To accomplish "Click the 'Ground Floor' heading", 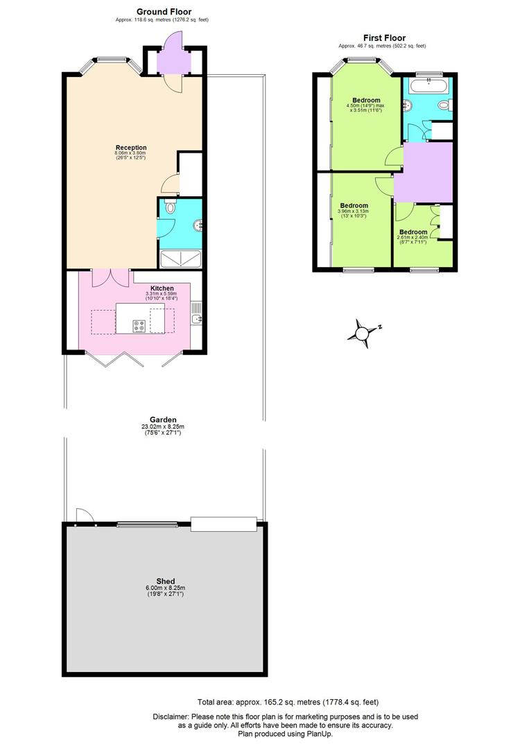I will [164, 12].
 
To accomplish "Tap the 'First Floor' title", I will [384, 38].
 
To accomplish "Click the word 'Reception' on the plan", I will [131, 148].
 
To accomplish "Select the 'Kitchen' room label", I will [161, 288].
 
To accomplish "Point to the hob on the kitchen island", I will [139, 326].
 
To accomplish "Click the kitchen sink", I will [197, 313].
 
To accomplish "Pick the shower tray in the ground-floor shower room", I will [182, 259].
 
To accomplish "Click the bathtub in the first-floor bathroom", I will [428, 86].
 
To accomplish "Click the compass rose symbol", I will [363, 332].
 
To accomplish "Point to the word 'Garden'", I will [164, 420].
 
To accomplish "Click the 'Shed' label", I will [165, 581].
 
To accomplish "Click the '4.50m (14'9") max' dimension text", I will [365, 106].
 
